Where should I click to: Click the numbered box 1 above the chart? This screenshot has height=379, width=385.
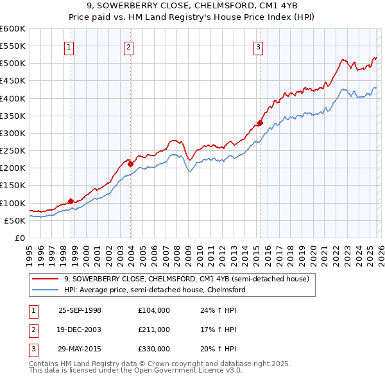(69, 46)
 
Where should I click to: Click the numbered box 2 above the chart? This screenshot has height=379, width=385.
(128, 46)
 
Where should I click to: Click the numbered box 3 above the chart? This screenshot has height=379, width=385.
(258, 46)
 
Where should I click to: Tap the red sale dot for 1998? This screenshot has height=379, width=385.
(71, 201)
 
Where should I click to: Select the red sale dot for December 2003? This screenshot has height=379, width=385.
(130, 164)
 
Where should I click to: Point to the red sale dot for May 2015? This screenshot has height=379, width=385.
(260, 123)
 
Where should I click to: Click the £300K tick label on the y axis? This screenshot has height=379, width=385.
(13, 133)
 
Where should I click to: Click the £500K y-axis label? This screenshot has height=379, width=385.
(13, 64)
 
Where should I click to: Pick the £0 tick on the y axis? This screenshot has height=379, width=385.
(19, 238)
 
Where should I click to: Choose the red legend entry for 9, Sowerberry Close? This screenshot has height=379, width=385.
(187, 279)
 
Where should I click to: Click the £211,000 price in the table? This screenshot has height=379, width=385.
(153, 330)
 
